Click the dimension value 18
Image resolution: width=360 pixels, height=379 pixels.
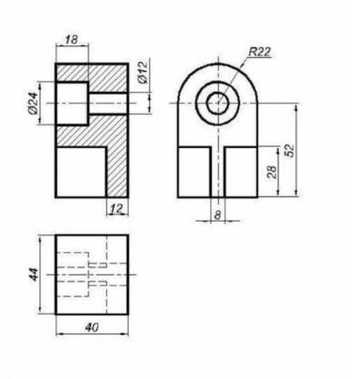(72, 39)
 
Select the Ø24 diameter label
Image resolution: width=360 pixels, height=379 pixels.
(34, 103)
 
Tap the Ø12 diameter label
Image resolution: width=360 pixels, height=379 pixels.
(143, 72)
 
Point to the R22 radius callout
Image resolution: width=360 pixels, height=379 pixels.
(259, 52)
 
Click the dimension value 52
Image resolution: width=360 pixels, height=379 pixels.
(290, 150)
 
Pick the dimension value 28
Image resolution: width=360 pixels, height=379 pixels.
(273, 172)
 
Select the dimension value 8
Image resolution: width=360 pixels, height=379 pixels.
(217, 214)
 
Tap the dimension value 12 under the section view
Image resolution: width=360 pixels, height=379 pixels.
(117, 208)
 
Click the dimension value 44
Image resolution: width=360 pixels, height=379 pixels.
(34, 274)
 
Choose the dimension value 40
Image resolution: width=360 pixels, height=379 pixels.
(92, 327)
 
